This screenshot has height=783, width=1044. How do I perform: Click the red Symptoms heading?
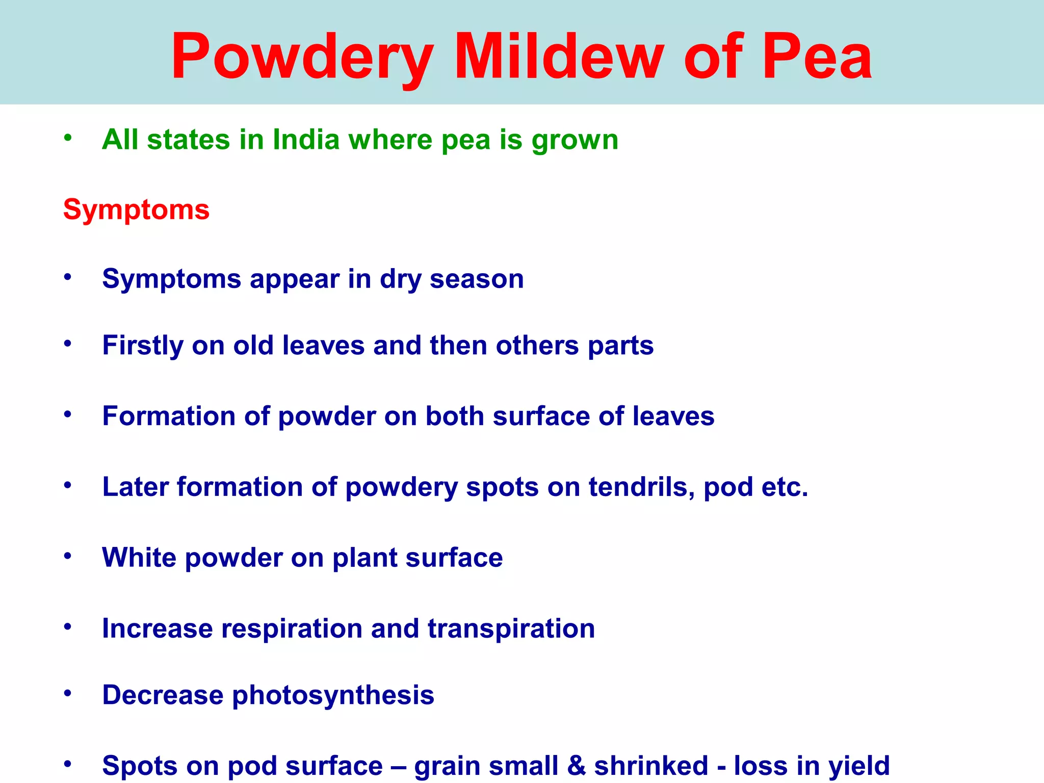136,210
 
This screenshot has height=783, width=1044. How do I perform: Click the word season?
477,279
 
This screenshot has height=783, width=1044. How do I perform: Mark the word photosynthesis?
333,695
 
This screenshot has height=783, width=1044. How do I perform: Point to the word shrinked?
651,766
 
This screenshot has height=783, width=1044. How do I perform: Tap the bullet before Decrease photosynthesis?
68,693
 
